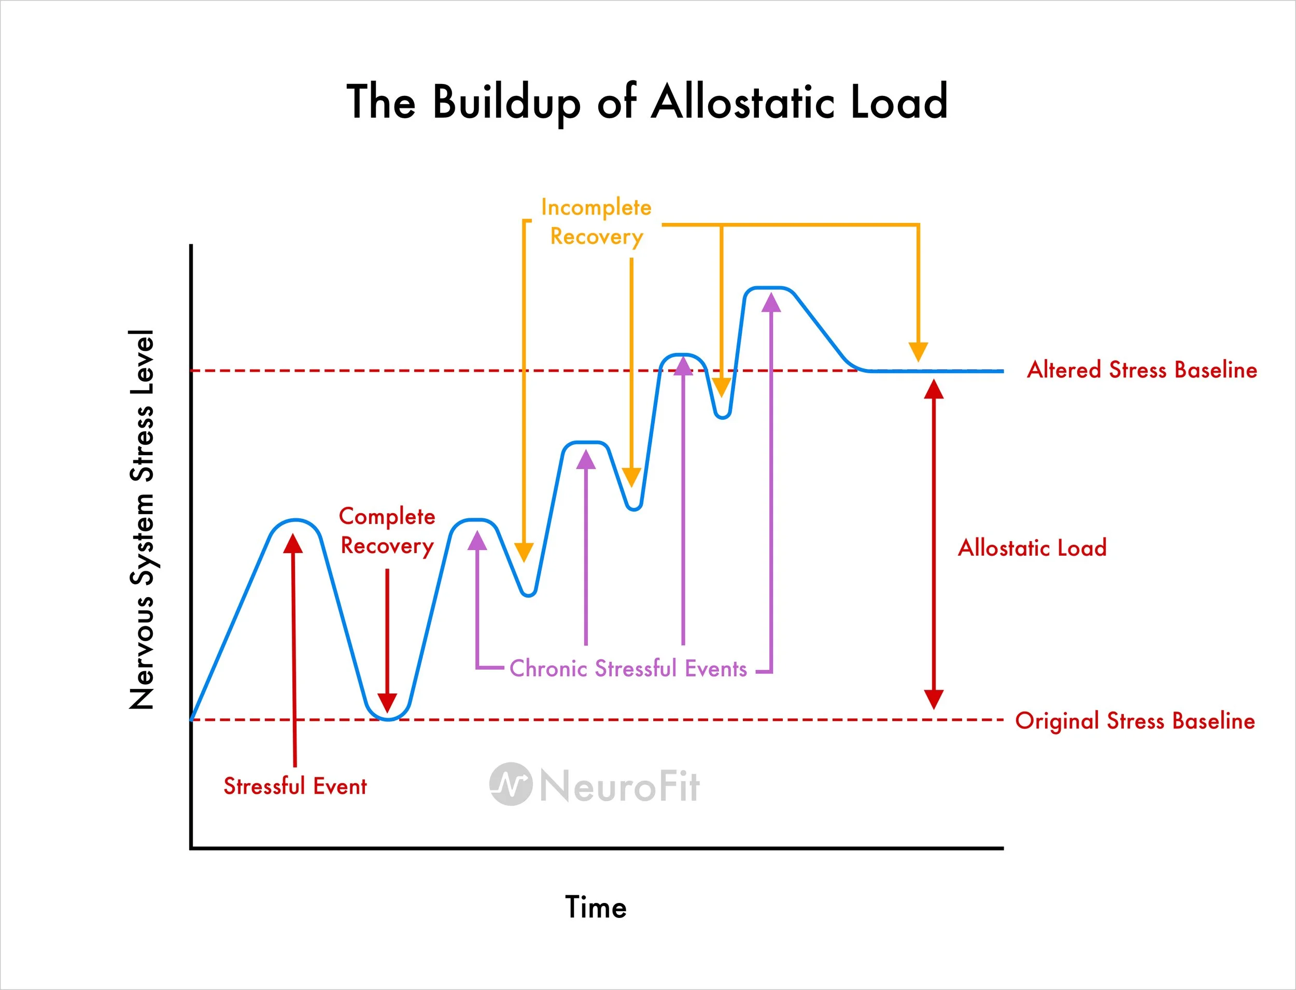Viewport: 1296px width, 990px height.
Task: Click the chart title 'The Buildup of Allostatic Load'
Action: [x=647, y=102]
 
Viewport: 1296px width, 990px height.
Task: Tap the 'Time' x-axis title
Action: [x=596, y=907]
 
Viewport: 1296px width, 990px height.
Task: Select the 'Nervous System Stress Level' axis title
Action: [x=142, y=518]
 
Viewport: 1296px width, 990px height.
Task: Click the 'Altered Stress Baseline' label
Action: [x=1142, y=370]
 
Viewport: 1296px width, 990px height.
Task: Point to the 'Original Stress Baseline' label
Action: [x=1134, y=720]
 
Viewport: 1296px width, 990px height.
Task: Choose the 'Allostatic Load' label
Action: [x=1032, y=548]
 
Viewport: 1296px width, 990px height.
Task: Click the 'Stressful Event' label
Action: [x=294, y=786]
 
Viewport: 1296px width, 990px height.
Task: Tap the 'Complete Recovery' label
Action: [x=387, y=531]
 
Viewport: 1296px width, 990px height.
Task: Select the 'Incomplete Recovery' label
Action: [x=596, y=222]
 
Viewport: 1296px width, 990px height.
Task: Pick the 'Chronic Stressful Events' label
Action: [x=628, y=669]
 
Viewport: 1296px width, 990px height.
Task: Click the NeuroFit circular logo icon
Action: [x=511, y=784]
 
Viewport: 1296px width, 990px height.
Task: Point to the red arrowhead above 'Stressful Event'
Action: [x=293, y=543]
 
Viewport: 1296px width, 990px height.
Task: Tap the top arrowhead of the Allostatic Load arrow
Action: [x=934, y=389]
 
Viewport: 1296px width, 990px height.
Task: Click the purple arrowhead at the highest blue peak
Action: [x=771, y=302]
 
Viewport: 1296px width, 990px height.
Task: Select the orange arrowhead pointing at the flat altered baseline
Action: [x=918, y=352]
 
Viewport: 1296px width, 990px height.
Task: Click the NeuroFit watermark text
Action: [x=619, y=786]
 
